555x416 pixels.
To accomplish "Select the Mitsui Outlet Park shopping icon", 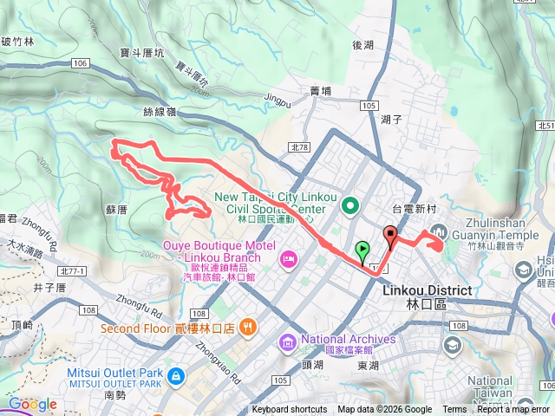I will (x=176, y=376).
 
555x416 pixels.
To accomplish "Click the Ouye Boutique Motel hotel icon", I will (x=289, y=257).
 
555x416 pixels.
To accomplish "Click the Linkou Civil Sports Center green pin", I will (x=350, y=205).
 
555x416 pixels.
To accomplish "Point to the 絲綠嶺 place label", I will (x=160, y=112).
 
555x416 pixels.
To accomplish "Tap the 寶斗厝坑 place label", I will (x=141, y=54).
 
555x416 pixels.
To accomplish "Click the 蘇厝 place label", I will (x=115, y=210).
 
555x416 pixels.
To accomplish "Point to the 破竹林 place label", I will (x=17, y=41).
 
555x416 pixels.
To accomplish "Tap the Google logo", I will (x=32, y=404).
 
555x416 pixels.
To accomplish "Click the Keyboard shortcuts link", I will (x=290, y=410).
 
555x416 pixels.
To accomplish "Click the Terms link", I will (x=454, y=410).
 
